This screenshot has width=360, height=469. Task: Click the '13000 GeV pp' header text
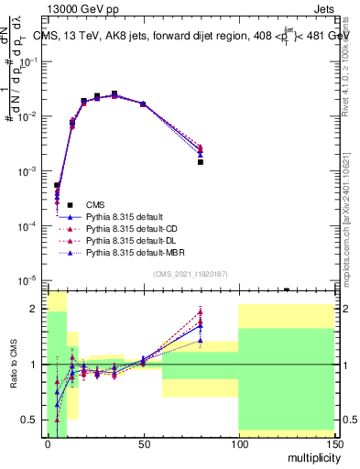pyautogui.click(x=79, y=8)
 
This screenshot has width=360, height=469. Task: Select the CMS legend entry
pyautogui.click(x=94, y=204)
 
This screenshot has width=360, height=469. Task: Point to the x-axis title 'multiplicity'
pyautogui.click(x=311, y=456)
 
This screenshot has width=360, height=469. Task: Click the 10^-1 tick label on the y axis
pyautogui.click(x=31, y=61)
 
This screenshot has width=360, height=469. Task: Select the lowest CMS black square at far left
pyautogui.click(x=57, y=185)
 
